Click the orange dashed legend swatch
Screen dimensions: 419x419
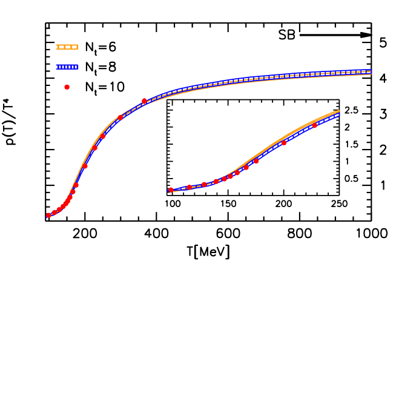coord(67,47)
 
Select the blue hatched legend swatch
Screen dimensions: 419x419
coord(67,67)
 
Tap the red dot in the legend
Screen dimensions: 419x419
coord(67,87)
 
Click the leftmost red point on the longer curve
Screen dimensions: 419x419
coord(48,215)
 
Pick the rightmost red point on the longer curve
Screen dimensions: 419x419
coord(144,101)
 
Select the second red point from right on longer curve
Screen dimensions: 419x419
coord(120,117)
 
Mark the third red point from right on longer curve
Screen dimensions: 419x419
coord(103,136)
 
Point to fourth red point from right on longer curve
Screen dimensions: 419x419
coord(94,147)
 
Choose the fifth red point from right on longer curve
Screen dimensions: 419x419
coord(85,165)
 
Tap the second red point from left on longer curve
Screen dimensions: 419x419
coord(54,212)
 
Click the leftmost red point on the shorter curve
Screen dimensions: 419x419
coord(171,190)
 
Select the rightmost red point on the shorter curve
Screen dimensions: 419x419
coord(314,125)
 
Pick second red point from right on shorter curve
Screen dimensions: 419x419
coord(284,143)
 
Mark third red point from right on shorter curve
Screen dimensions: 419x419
coord(256,161)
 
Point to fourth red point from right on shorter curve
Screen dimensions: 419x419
coord(246,168)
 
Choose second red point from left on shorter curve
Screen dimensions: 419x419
coord(189,187)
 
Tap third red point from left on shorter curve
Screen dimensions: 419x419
coord(204,184)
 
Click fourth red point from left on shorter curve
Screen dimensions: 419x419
coord(216,181)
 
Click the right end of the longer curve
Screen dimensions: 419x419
coord(371,71)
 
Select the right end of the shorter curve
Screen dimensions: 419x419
coord(339,113)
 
